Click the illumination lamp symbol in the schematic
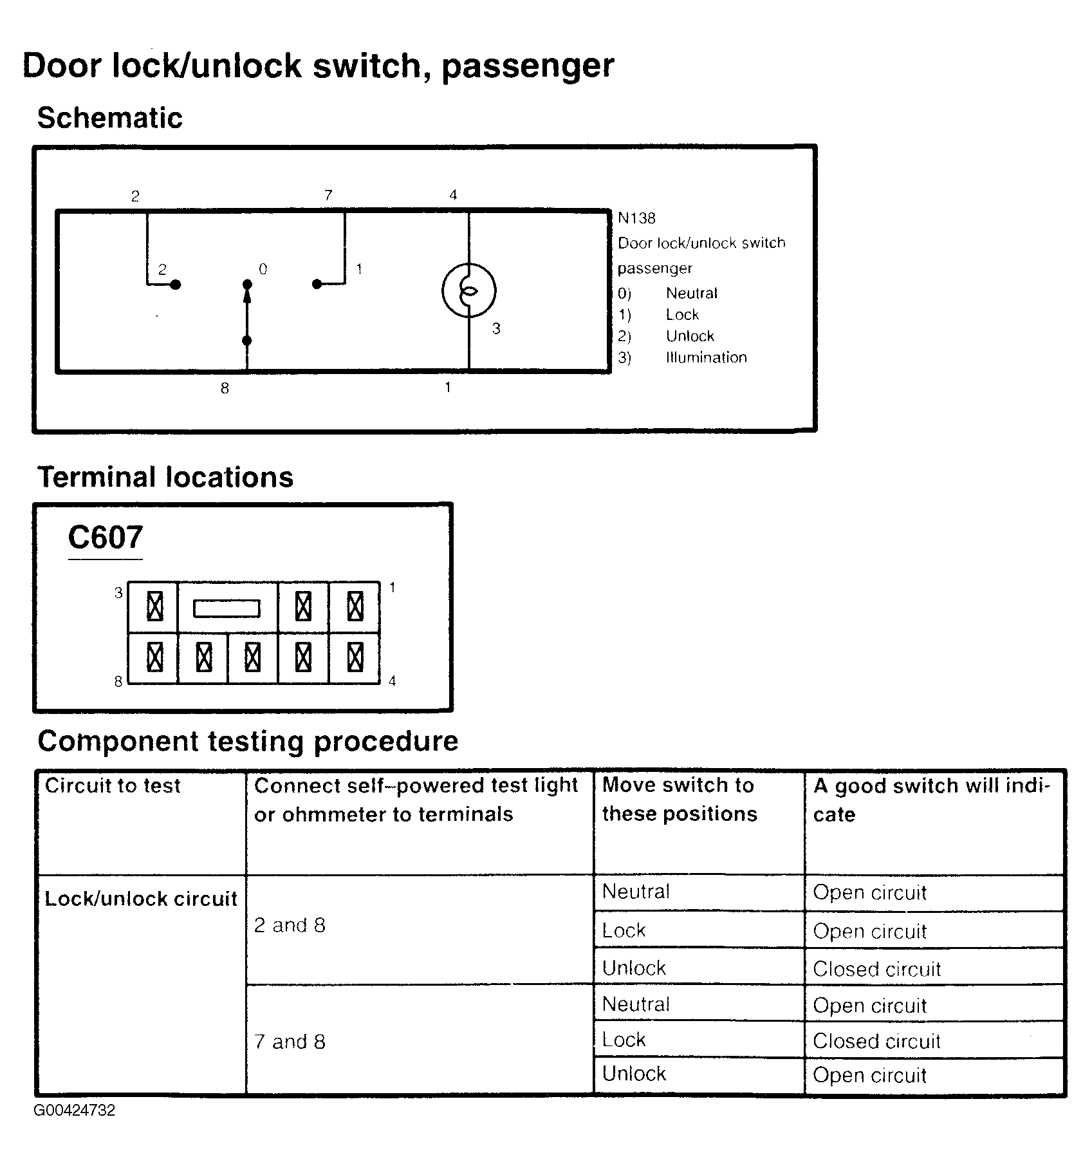[468, 291]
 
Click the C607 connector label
[105, 538]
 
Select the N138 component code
[636, 218]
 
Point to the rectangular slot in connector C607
[227, 608]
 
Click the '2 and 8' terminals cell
[290, 925]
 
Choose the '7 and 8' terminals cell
[290, 1041]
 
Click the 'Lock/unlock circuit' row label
[141, 899]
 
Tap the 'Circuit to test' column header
[113, 785]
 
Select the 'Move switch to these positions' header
[680, 799]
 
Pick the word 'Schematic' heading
[109, 118]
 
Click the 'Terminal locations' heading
[165, 478]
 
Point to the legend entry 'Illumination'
[706, 357]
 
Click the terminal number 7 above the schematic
[328, 195]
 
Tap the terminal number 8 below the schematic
[225, 388]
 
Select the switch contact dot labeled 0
[246, 284]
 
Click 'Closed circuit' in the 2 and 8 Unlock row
[876, 969]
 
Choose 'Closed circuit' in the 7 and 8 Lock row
[876, 1041]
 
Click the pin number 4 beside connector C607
[393, 681]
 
